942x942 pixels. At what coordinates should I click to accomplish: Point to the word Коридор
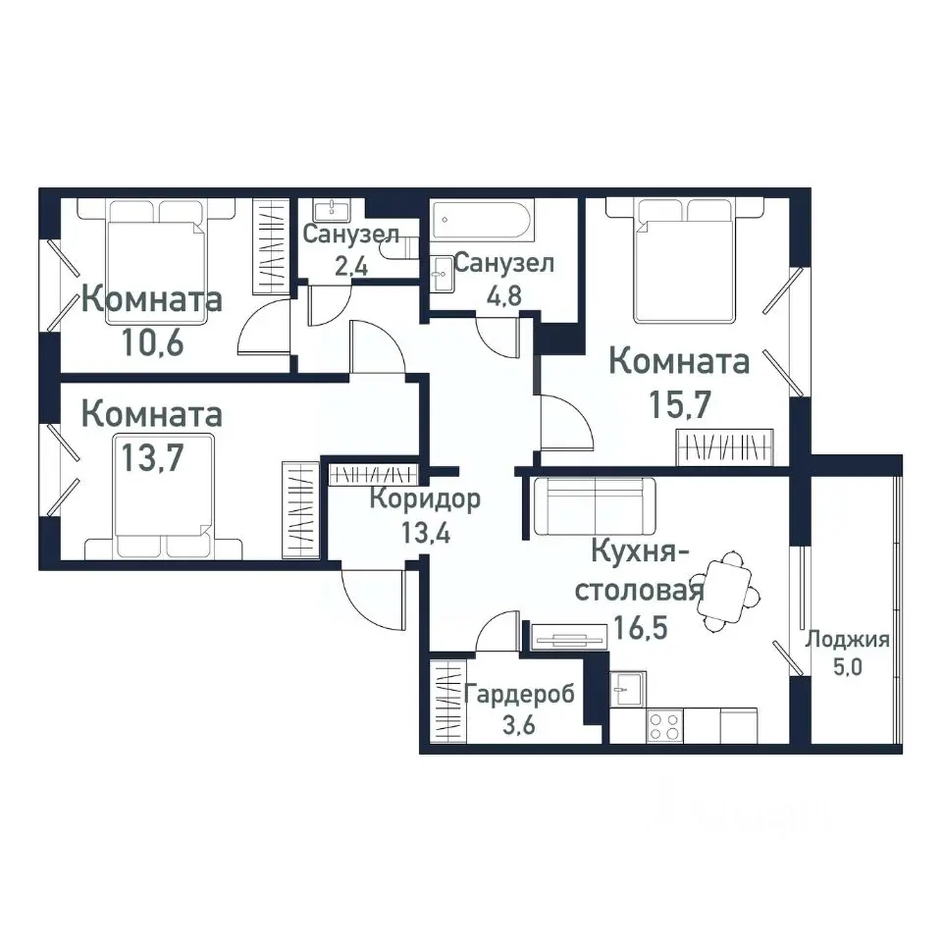click(425, 498)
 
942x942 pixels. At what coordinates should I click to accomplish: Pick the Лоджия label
click(847, 641)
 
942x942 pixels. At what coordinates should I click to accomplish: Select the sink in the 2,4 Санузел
click(333, 210)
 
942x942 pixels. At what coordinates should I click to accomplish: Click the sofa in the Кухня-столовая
click(595, 506)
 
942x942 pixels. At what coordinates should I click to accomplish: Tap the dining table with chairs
click(729, 593)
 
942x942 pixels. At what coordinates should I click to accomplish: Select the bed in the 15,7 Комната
click(685, 260)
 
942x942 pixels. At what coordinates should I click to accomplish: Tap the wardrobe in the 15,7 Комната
click(727, 447)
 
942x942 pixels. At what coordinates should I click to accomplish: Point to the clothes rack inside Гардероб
click(446, 702)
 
